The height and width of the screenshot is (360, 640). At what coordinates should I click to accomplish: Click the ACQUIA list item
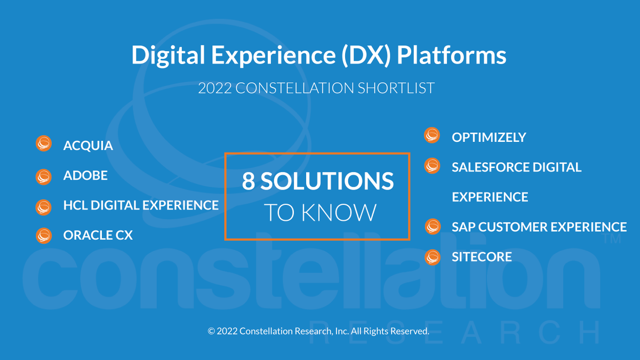[88, 146]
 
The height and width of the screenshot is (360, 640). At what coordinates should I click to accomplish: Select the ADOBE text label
[85, 175]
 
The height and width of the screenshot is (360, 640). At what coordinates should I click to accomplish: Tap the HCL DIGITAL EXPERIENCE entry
[141, 205]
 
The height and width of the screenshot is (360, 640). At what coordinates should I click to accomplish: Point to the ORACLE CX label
[98, 235]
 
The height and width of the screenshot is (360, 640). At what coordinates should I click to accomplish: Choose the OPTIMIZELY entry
[489, 137]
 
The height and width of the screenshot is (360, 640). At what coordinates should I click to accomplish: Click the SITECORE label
[482, 257]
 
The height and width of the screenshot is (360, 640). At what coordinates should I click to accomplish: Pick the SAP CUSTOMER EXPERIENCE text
[539, 227]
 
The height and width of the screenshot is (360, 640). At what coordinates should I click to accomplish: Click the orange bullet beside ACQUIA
[43, 144]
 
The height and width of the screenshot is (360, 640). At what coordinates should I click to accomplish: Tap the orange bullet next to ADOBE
[43, 175]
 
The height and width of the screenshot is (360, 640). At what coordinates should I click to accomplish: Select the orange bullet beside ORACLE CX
[43, 235]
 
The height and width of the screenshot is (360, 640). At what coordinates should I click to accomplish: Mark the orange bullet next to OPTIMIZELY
[432, 135]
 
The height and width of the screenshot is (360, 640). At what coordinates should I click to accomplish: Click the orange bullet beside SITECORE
[432, 257]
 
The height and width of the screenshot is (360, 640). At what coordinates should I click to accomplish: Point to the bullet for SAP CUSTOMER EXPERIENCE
[432, 227]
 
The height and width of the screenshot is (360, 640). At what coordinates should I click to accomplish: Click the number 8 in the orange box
[249, 181]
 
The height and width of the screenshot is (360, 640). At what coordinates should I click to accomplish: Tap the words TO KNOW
[320, 212]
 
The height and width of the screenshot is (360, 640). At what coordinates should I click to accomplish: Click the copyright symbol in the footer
[211, 331]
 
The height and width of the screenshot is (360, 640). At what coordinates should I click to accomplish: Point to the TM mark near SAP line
[615, 239]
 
